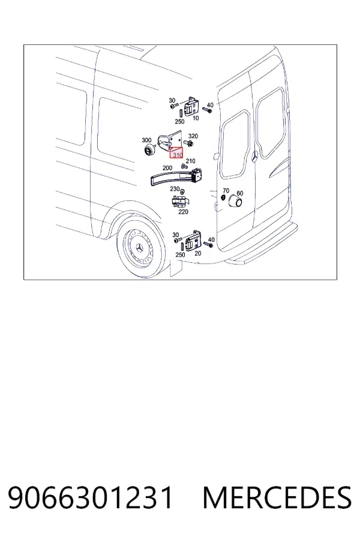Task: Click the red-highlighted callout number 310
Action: tap(178, 155)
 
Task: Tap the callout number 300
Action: tap(146, 140)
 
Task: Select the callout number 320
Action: tap(193, 136)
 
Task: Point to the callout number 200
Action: tap(167, 168)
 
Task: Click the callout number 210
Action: tap(191, 161)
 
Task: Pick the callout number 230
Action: tap(175, 189)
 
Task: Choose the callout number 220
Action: tap(183, 212)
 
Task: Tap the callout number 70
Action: tap(226, 190)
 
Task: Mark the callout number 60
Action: tap(240, 193)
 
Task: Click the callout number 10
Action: tap(196, 118)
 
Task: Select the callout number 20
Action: tap(198, 253)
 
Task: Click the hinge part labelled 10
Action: tap(191, 106)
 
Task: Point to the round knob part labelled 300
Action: tap(150, 150)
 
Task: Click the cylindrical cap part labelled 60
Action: tap(236, 202)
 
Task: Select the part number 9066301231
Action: tap(90, 498)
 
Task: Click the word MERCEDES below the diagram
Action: tap(277, 498)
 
